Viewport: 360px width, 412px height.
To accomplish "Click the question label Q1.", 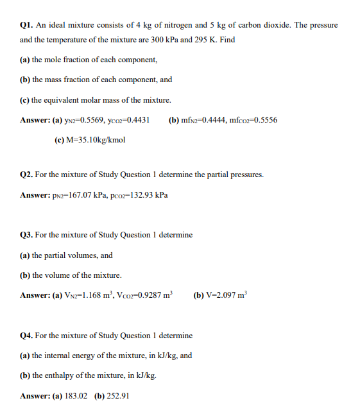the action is [27, 25].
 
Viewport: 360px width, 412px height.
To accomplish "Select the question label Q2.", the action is [27, 175].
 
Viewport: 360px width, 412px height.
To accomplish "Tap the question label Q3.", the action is [27, 235].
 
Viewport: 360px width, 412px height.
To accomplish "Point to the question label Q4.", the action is [27, 336].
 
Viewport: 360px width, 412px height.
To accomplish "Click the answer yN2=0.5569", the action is [76, 120].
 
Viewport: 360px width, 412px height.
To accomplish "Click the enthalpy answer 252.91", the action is [117, 396].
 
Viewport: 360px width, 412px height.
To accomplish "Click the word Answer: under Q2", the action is [36, 194].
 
